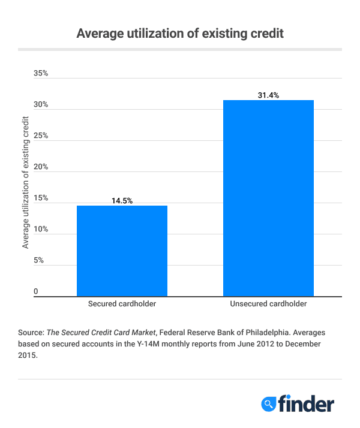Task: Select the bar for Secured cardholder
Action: tap(122, 251)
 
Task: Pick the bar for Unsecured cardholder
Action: tap(268, 198)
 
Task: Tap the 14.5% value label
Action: tap(122, 201)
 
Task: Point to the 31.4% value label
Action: tap(268, 95)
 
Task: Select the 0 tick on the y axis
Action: tap(36, 291)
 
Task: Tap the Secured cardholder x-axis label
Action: tap(122, 304)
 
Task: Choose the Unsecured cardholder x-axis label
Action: tap(268, 304)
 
